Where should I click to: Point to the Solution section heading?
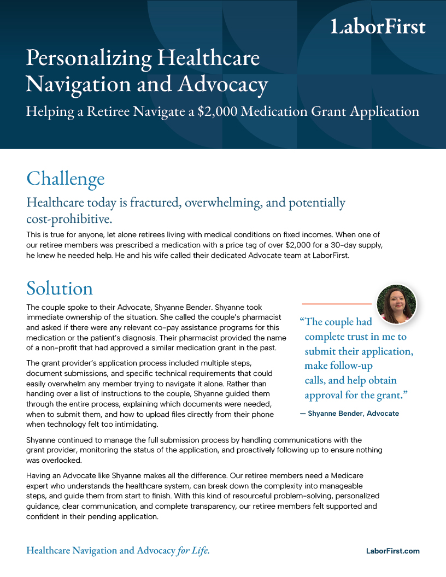click(60, 288)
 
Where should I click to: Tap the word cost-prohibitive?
click(69, 219)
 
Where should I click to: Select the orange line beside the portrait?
click(336, 303)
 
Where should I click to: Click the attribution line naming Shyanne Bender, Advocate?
click(350, 414)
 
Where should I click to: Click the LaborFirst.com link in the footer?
click(392, 551)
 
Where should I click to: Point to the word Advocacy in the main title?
click(226, 84)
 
